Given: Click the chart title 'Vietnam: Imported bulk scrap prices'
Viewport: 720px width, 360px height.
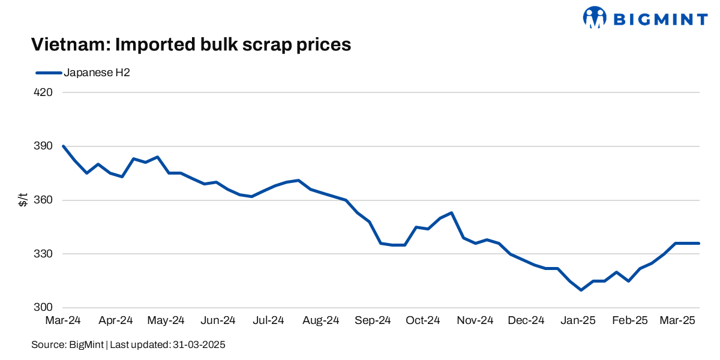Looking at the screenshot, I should (191, 45).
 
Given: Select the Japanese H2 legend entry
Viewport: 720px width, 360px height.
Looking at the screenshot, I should (83, 73).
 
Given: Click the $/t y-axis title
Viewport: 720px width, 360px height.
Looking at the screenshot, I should (23, 200).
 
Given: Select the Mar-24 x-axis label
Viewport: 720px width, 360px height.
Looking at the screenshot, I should (63, 321).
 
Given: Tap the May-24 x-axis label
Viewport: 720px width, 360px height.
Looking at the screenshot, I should (166, 321).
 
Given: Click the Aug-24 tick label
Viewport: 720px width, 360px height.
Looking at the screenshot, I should (322, 321).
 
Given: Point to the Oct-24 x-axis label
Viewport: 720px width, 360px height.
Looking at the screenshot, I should (423, 321).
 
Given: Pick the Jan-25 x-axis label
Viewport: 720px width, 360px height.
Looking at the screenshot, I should (578, 321).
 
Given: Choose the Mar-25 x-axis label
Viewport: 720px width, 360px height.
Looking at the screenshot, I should (677, 321).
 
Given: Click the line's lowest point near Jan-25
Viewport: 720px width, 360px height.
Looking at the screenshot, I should (581, 290).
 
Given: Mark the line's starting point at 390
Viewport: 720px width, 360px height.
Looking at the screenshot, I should (64, 146).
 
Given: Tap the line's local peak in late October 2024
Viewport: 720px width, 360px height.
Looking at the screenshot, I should (451, 212).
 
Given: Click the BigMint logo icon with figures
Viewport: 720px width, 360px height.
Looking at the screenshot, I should (595, 17).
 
